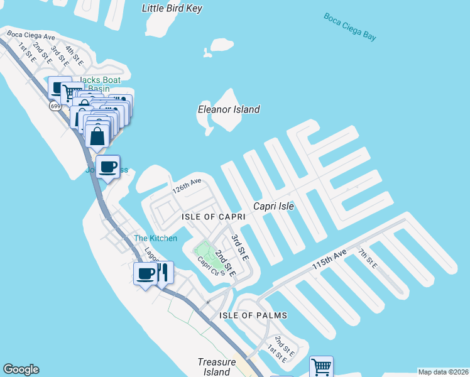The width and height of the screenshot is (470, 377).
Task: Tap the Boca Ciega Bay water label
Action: tap(350, 26)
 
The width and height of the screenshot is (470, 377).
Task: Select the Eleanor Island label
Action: tap(229, 109)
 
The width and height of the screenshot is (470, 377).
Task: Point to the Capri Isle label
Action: tap(273, 206)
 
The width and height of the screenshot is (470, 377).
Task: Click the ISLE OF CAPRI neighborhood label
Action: tap(212, 217)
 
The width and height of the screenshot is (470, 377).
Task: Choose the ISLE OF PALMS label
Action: tap(253, 315)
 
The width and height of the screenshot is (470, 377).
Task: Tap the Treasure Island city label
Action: tap(216, 367)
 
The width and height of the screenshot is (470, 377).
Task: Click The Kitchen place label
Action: tap(155, 238)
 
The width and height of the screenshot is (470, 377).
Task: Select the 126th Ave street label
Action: tap(187, 186)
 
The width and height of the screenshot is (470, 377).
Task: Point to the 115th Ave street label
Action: tap(330, 261)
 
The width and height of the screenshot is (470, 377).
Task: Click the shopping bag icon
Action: tap(98, 134)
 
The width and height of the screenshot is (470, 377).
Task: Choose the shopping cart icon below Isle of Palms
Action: tap(321, 366)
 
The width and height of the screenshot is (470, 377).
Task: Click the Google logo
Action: tap(21, 369)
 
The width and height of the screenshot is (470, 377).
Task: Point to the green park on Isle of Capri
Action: tap(205, 250)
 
